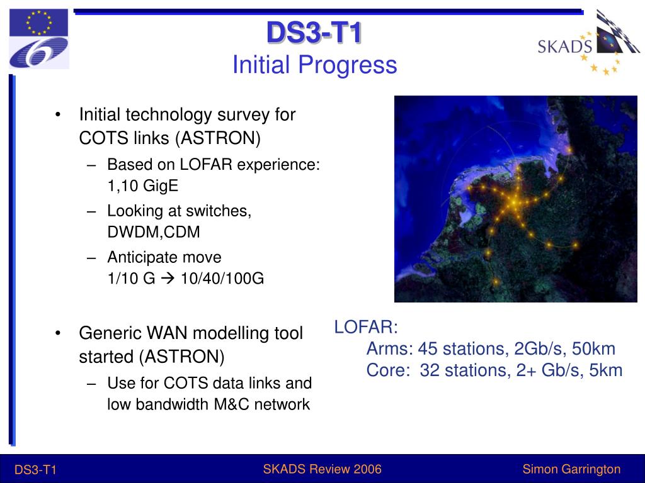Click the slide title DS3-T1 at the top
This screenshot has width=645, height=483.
click(x=314, y=32)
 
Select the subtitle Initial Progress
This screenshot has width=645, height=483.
click(x=315, y=65)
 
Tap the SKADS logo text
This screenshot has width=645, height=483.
click(x=565, y=47)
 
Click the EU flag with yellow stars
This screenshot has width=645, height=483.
click(x=38, y=23)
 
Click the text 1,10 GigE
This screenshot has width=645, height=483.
click(x=143, y=186)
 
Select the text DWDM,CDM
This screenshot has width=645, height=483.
click(x=154, y=232)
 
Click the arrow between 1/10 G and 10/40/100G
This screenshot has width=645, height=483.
click(x=168, y=279)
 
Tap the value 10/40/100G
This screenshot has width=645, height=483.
click(x=222, y=279)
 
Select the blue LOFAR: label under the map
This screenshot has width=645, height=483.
click(x=366, y=327)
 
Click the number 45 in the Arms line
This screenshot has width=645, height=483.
click(x=428, y=348)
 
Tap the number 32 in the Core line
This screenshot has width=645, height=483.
click(x=430, y=370)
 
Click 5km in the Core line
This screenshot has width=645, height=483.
click(x=606, y=370)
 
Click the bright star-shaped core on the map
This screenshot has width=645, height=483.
click(x=514, y=202)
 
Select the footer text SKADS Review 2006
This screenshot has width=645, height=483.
click(x=322, y=469)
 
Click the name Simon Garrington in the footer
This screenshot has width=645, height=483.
click(x=571, y=469)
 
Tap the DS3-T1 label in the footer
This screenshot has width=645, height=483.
click(x=35, y=470)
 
